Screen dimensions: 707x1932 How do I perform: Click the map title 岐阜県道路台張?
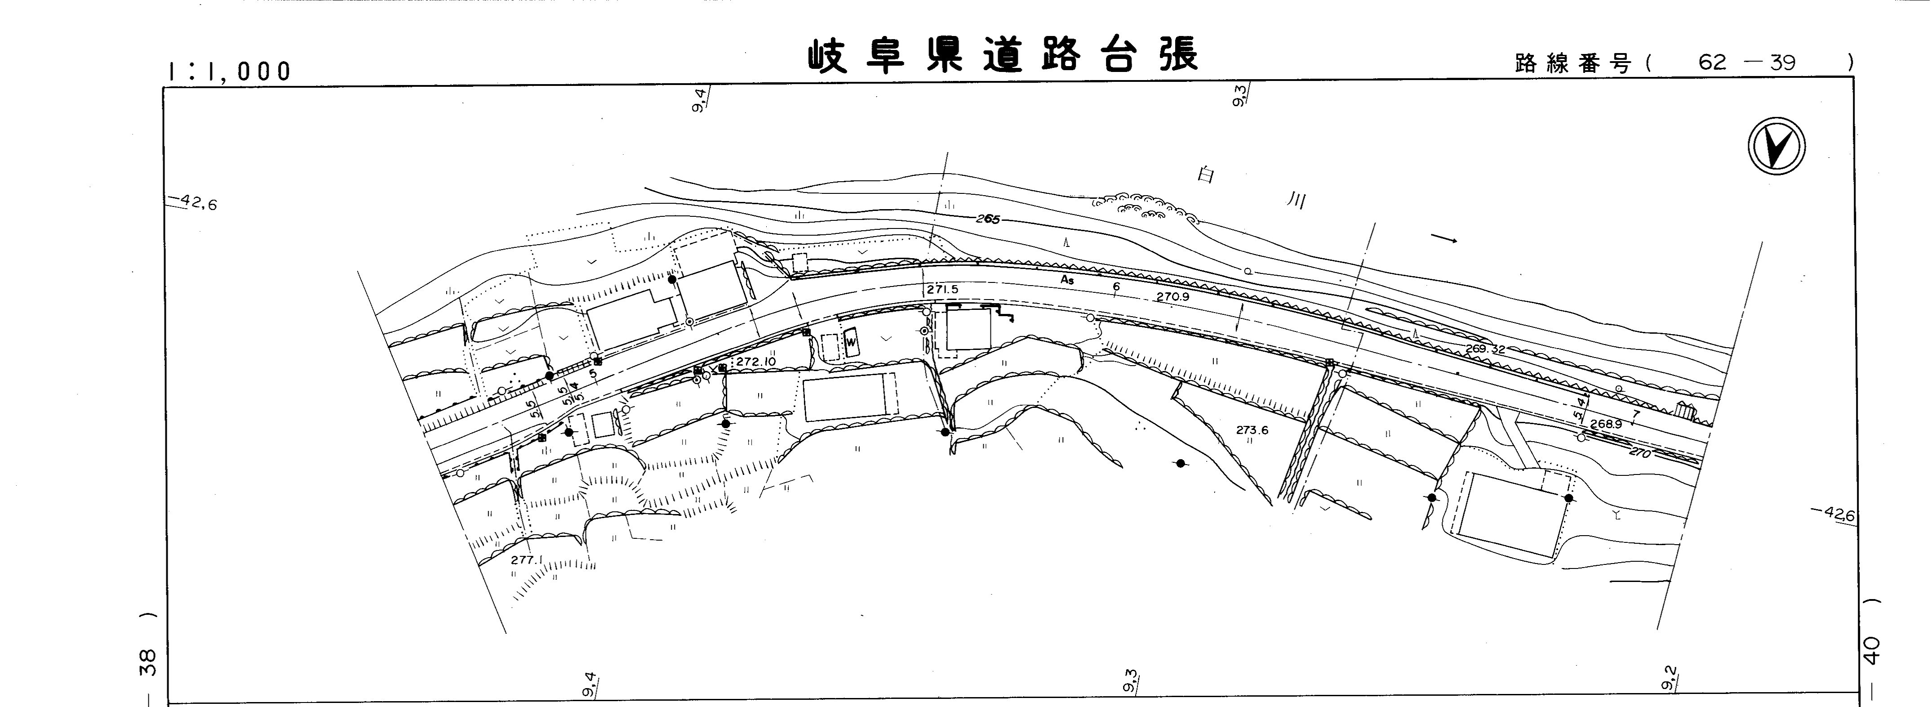(x=1002, y=56)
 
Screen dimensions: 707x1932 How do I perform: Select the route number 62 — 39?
(x=1747, y=63)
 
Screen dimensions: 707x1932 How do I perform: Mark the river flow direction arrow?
(x=1444, y=239)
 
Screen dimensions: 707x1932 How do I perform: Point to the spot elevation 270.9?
(x=1173, y=296)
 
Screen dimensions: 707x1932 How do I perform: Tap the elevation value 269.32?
(x=1485, y=349)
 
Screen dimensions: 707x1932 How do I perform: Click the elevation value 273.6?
(x=1252, y=430)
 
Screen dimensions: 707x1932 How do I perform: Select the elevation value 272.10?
(x=755, y=362)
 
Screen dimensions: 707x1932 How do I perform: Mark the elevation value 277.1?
(x=525, y=560)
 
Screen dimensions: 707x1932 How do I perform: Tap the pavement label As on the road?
(x=1066, y=280)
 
